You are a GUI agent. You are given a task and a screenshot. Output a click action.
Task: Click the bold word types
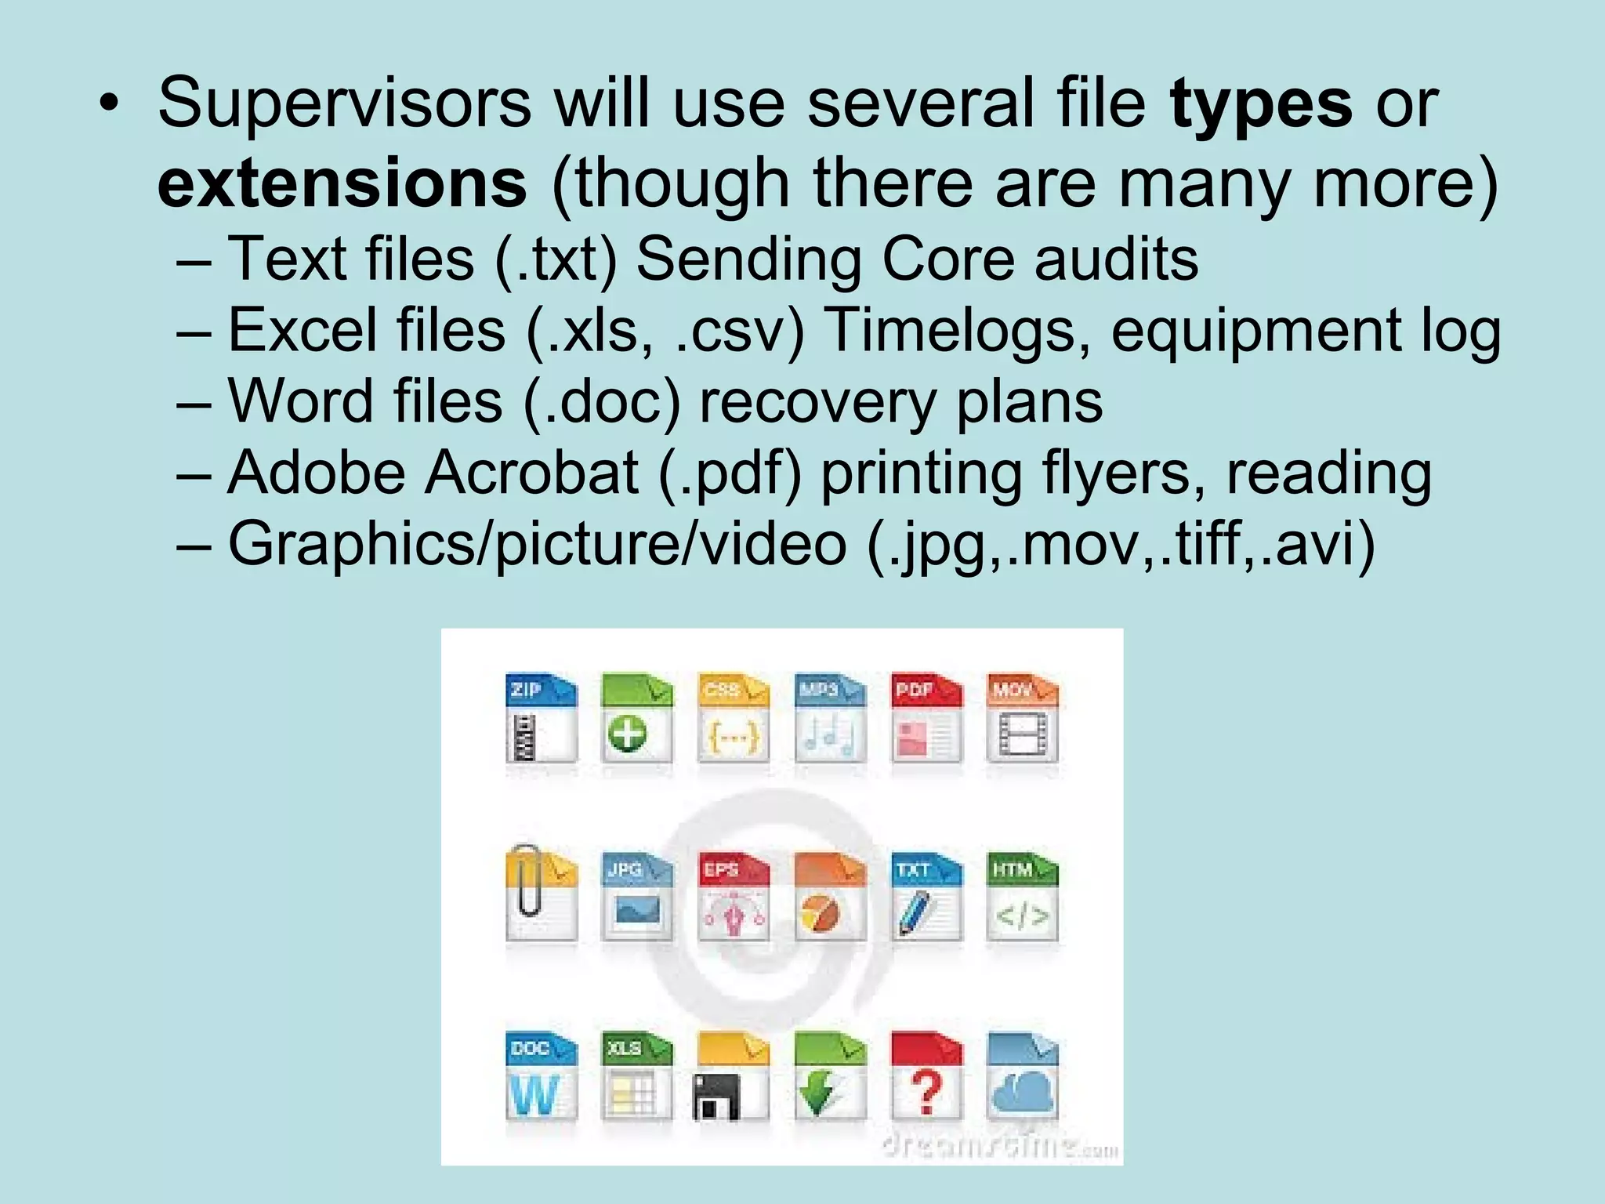click(1261, 105)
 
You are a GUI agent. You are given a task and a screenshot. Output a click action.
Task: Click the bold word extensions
click(342, 184)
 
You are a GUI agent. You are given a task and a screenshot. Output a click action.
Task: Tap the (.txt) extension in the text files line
click(556, 259)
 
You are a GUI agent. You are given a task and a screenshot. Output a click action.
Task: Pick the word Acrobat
click(531, 473)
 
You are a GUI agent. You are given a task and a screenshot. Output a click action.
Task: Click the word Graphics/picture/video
click(537, 544)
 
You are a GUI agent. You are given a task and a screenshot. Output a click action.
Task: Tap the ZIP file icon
click(541, 717)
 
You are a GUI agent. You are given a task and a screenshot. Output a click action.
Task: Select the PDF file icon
click(926, 717)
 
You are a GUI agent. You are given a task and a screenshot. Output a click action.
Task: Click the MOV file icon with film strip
click(1022, 717)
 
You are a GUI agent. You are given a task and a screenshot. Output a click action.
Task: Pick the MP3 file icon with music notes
click(830, 717)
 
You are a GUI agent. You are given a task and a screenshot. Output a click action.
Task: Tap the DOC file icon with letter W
click(541, 1075)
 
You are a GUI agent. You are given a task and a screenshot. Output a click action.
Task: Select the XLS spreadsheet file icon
click(636, 1075)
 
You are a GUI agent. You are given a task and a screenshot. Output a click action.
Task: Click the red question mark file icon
click(926, 1075)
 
